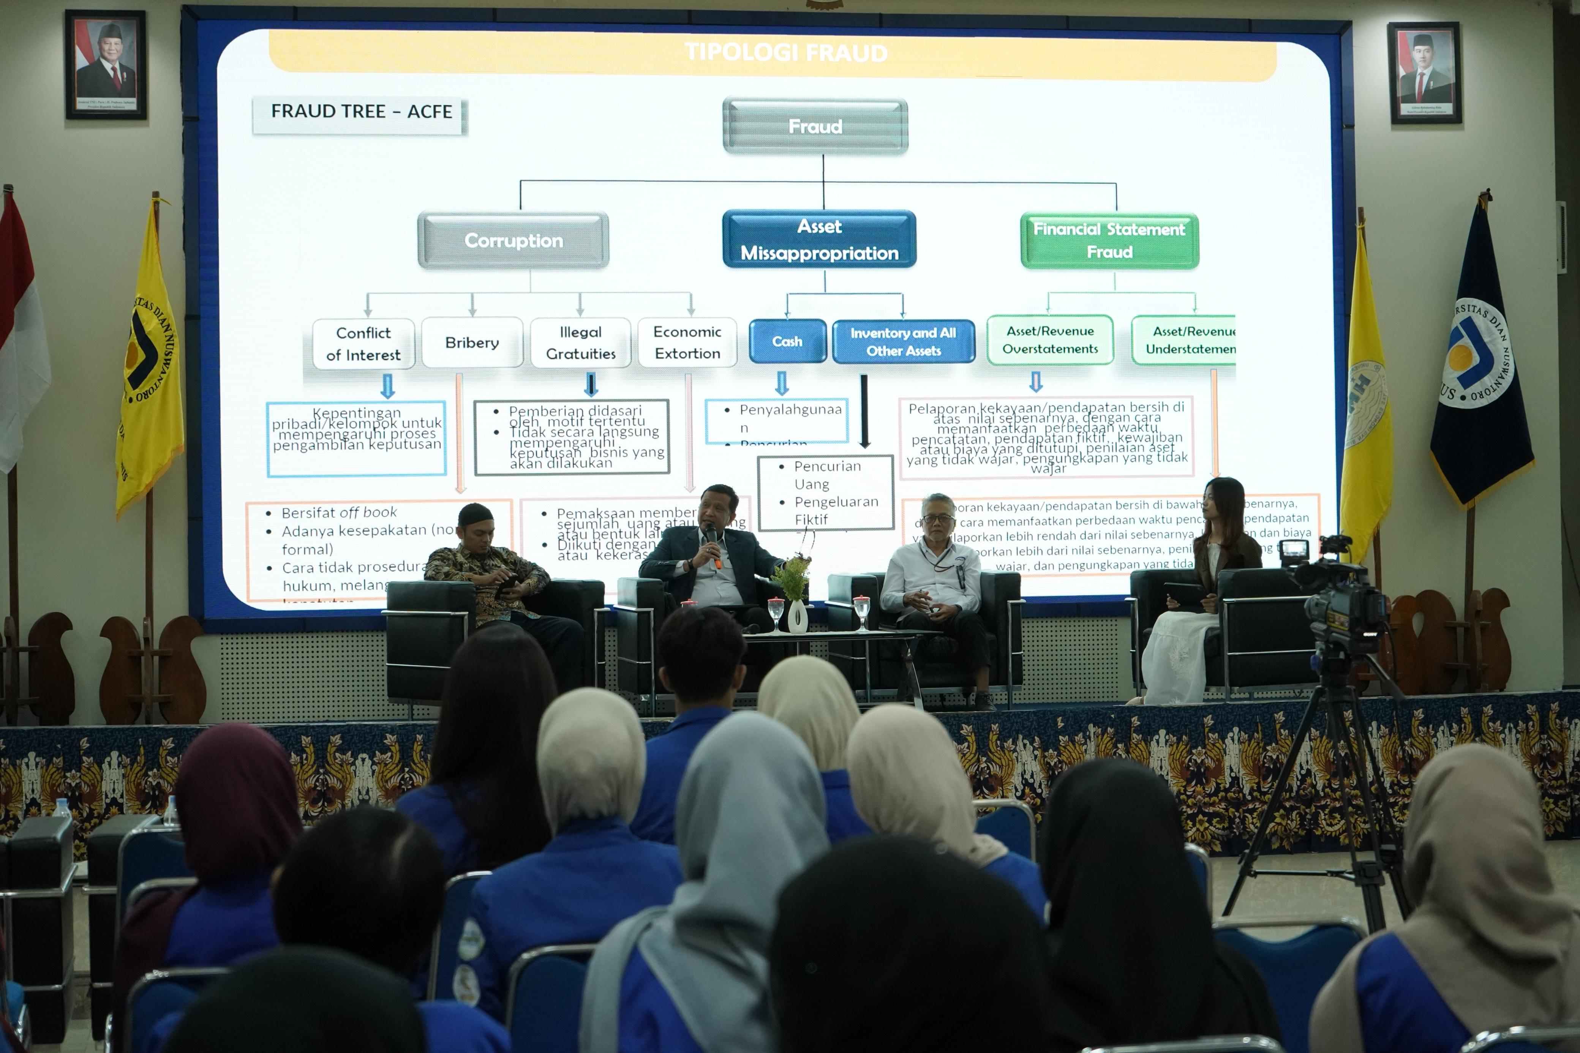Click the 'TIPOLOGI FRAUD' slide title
tap(786, 52)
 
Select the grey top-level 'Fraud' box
tap(815, 126)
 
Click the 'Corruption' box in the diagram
tap(513, 240)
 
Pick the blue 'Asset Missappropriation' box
tap(819, 240)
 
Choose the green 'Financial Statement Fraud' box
tap(1109, 240)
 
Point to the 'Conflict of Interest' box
tap(363, 344)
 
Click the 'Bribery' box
tap(472, 343)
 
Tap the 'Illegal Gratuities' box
tap(581, 343)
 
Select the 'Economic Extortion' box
tap(687, 343)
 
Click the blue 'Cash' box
tap(787, 341)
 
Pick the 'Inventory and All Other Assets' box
tap(903, 341)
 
